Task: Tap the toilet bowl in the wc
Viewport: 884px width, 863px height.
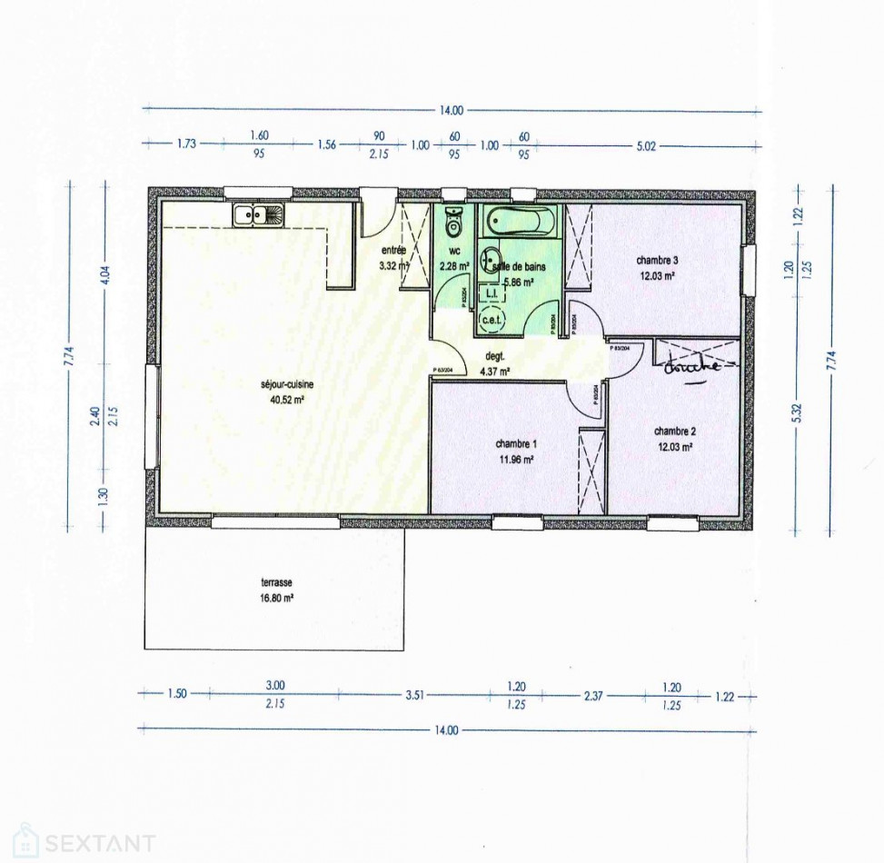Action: click(453, 221)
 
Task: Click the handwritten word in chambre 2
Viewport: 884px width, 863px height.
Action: click(691, 367)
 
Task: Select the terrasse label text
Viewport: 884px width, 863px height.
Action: click(273, 583)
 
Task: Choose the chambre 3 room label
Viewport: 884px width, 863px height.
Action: click(657, 261)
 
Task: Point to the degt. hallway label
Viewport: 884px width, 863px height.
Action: click(494, 357)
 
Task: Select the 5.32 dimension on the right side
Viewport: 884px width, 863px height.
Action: click(796, 412)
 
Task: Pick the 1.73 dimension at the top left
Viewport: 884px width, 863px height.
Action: click(187, 144)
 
